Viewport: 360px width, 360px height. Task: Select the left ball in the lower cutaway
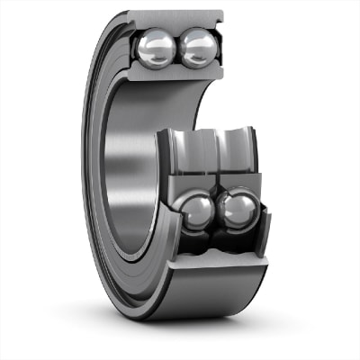pyautogui.click(x=197, y=211)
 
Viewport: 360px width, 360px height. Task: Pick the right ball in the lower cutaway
pyautogui.click(x=238, y=209)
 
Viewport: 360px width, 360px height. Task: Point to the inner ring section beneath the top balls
pyautogui.click(x=176, y=74)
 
